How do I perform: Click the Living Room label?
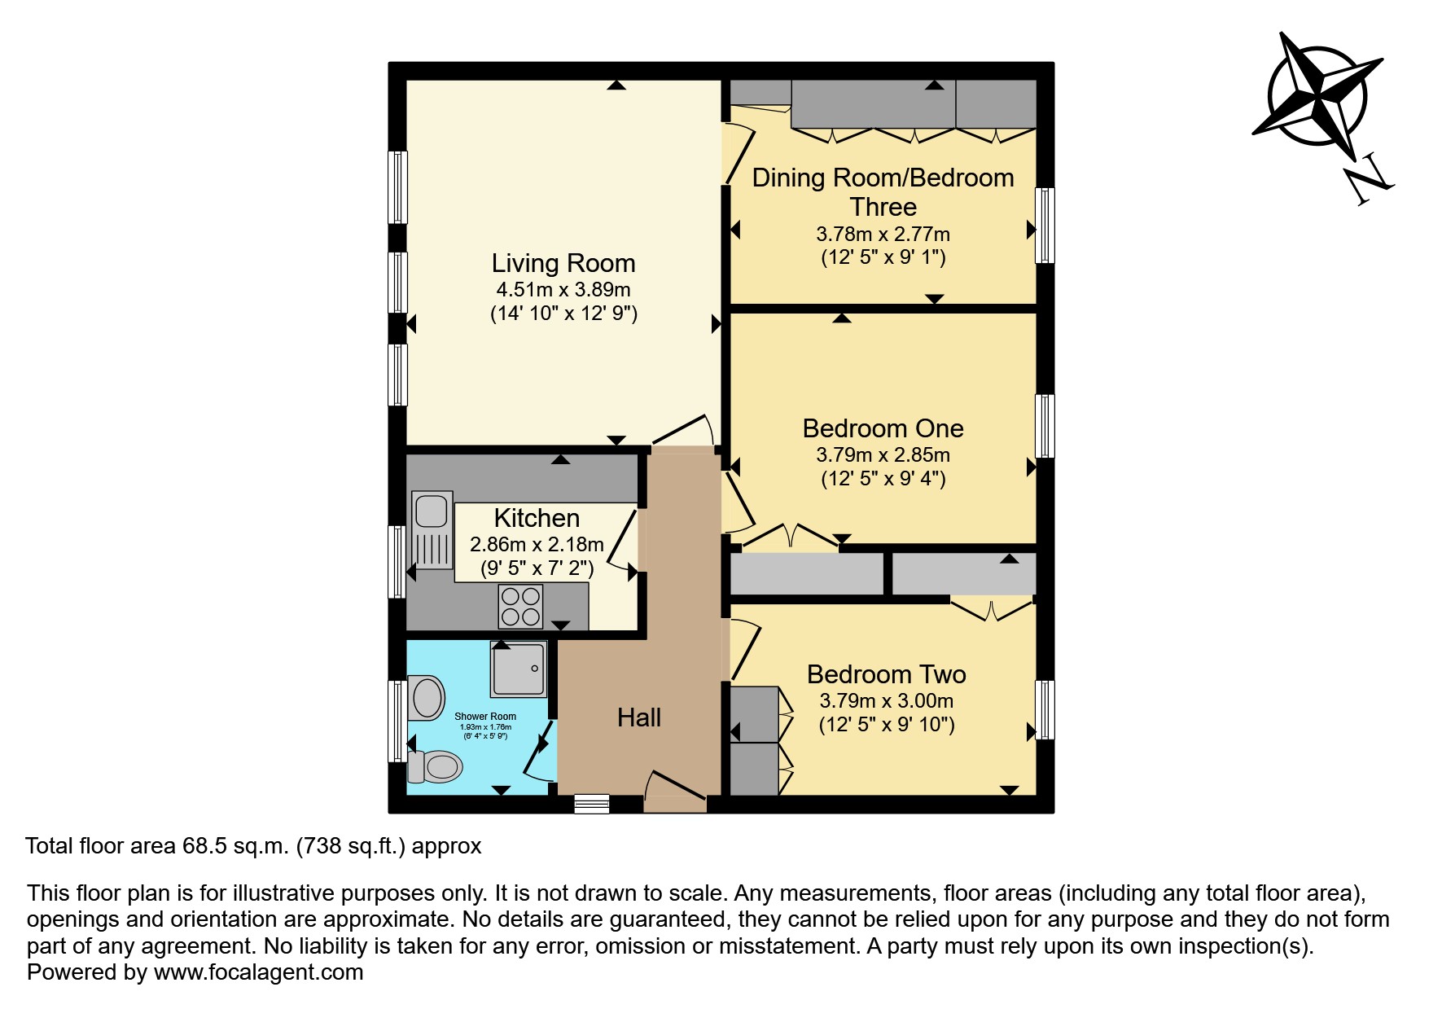[x=563, y=263]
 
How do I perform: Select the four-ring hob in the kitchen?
[x=521, y=607]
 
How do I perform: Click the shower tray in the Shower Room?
[x=518, y=669]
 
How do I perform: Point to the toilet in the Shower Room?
[x=435, y=766]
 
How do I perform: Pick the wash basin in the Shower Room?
[x=427, y=698]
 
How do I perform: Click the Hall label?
[x=639, y=717]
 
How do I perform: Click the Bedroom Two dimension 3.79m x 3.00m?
[x=886, y=700]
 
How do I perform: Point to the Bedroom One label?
[x=883, y=428]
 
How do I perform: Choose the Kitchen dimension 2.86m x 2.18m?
[x=537, y=544]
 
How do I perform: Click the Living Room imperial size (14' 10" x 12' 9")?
[x=563, y=314]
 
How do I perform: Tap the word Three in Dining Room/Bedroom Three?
[x=883, y=207]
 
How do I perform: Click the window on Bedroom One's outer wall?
[x=1045, y=426]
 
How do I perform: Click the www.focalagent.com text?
[x=258, y=972]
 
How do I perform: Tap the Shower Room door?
[x=537, y=750]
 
